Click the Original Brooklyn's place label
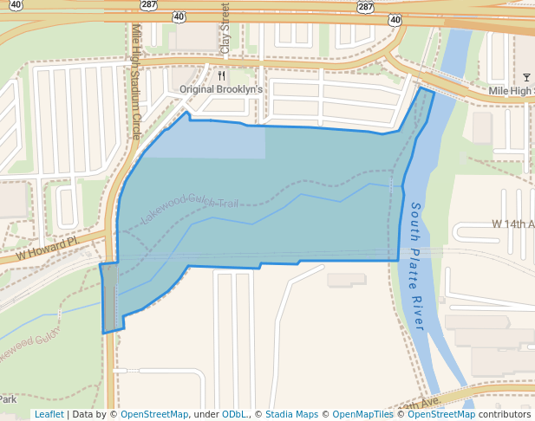220,89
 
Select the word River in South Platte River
416,310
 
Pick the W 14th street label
512,223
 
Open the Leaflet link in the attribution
49,414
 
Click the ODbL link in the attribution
233,414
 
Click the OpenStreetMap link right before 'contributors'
441,414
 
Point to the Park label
8,399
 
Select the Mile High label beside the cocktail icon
511,90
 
